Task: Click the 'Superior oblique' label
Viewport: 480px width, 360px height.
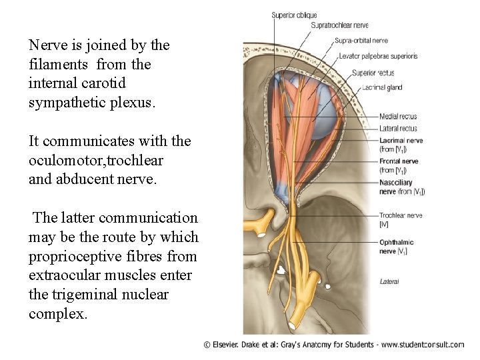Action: click(294, 15)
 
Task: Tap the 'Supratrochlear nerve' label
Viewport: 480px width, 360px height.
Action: click(339, 25)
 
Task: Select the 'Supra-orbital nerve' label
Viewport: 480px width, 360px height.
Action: click(361, 41)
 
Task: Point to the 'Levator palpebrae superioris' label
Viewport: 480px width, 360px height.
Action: click(378, 56)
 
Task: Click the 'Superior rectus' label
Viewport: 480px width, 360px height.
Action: click(373, 73)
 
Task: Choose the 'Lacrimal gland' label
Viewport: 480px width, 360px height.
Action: click(382, 87)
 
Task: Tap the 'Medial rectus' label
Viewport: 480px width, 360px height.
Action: click(398, 117)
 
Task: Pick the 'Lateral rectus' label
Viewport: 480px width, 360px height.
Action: click(398, 128)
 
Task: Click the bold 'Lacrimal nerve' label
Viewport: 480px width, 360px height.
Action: click(401, 140)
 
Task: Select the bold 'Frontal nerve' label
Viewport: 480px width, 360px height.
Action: click(399, 161)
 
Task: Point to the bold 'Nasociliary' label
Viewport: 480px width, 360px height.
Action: click(396, 182)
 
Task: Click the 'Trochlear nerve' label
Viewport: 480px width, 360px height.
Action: click(401, 215)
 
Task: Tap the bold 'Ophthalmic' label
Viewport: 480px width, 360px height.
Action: click(396, 243)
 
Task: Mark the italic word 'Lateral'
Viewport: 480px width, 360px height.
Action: click(389, 281)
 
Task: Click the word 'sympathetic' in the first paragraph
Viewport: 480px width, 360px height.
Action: click(65, 103)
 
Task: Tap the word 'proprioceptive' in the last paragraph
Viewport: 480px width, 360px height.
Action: click(71, 256)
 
